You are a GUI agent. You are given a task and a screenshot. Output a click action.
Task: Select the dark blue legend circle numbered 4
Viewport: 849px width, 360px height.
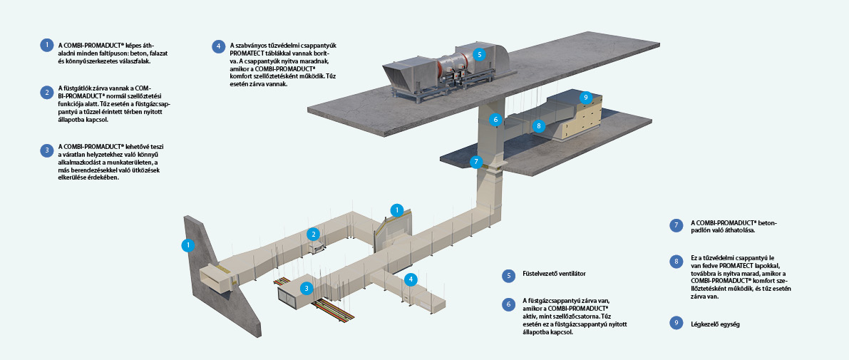(x=218, y=47)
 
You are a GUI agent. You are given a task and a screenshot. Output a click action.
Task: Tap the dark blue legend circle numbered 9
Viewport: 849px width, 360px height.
(x=676, y=323)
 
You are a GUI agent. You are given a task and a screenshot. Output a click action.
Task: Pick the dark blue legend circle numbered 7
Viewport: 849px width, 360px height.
(x=676, y=225)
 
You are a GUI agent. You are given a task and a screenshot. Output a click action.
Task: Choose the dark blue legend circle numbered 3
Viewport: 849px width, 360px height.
(x=47, y=150)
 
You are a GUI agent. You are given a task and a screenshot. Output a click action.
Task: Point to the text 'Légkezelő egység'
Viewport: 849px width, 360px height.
(x=715, y=324)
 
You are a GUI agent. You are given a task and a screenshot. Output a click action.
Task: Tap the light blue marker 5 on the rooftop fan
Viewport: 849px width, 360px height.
(x=479, y=53)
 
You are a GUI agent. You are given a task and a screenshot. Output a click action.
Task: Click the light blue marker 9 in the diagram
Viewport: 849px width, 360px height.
(x=585, y=97)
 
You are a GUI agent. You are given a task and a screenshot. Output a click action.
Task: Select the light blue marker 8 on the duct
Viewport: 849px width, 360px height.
(x=540, y=125)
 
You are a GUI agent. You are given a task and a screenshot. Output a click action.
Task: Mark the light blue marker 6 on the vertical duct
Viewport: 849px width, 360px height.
(x=495, y=120)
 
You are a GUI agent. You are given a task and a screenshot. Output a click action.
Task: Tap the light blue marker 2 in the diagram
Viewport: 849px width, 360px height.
(x=312, y=233)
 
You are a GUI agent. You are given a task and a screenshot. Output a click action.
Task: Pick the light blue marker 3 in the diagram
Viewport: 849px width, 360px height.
(x=306, y=288)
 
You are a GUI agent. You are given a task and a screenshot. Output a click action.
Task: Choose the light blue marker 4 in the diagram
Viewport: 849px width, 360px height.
(x=410, y=279)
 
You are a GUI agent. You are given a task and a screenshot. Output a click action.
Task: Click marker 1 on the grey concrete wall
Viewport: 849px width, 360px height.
(x=187, y=245)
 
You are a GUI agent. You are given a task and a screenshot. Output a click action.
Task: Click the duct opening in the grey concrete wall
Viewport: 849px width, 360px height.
(x=214, y=277)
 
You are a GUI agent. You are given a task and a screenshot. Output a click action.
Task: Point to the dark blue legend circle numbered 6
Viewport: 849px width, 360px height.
(x=508, y=304)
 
